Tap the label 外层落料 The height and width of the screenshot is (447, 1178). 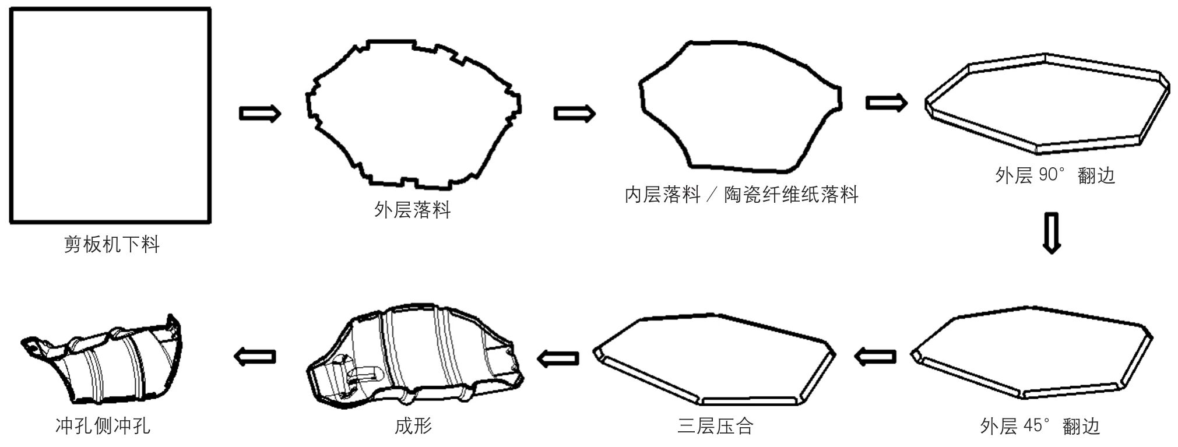click(412, 210)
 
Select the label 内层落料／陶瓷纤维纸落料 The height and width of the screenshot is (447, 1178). click(741, 195)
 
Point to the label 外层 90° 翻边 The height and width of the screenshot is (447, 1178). click(1054, 175)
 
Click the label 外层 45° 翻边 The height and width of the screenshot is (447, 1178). click(1039, 427)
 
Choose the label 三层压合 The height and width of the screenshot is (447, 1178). click(715, 426)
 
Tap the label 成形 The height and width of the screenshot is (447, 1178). click(413, 426)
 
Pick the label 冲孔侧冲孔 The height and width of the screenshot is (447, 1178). click(103, 426)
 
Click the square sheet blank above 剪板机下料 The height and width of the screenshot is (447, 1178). click(110, 115)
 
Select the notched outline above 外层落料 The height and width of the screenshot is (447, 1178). click(413, 115)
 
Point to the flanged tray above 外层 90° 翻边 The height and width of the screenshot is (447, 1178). click(1047, 105)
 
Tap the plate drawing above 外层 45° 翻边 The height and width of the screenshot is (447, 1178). click(1032, 353)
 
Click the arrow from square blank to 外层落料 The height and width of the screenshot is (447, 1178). click(260, 113)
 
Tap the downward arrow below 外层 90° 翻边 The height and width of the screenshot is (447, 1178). click(1050, 233)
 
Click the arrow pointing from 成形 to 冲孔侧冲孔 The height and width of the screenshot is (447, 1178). click(255, 356)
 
